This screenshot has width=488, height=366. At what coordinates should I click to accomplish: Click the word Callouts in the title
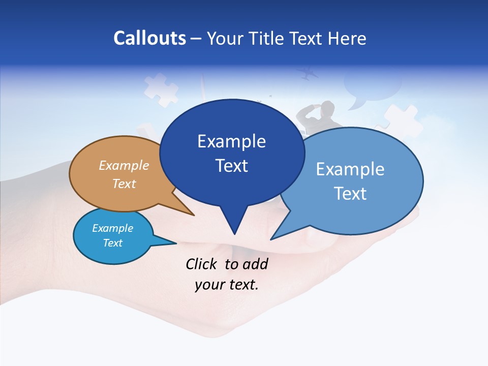149,38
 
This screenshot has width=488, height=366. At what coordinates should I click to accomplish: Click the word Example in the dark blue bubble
231,141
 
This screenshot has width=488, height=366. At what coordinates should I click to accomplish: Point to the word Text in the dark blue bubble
231,166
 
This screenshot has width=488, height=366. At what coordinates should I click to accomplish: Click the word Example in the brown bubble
124,165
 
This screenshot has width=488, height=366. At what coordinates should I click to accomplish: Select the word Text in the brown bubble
124,184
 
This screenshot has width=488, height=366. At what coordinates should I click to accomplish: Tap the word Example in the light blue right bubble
350,169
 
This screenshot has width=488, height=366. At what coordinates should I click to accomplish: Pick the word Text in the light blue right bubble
350,194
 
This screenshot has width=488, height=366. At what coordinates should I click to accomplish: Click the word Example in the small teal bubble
112,228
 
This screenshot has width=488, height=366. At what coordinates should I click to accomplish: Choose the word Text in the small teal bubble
112,243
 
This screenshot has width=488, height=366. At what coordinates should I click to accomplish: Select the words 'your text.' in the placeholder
227,285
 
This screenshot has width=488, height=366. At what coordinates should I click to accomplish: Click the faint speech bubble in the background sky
371,86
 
